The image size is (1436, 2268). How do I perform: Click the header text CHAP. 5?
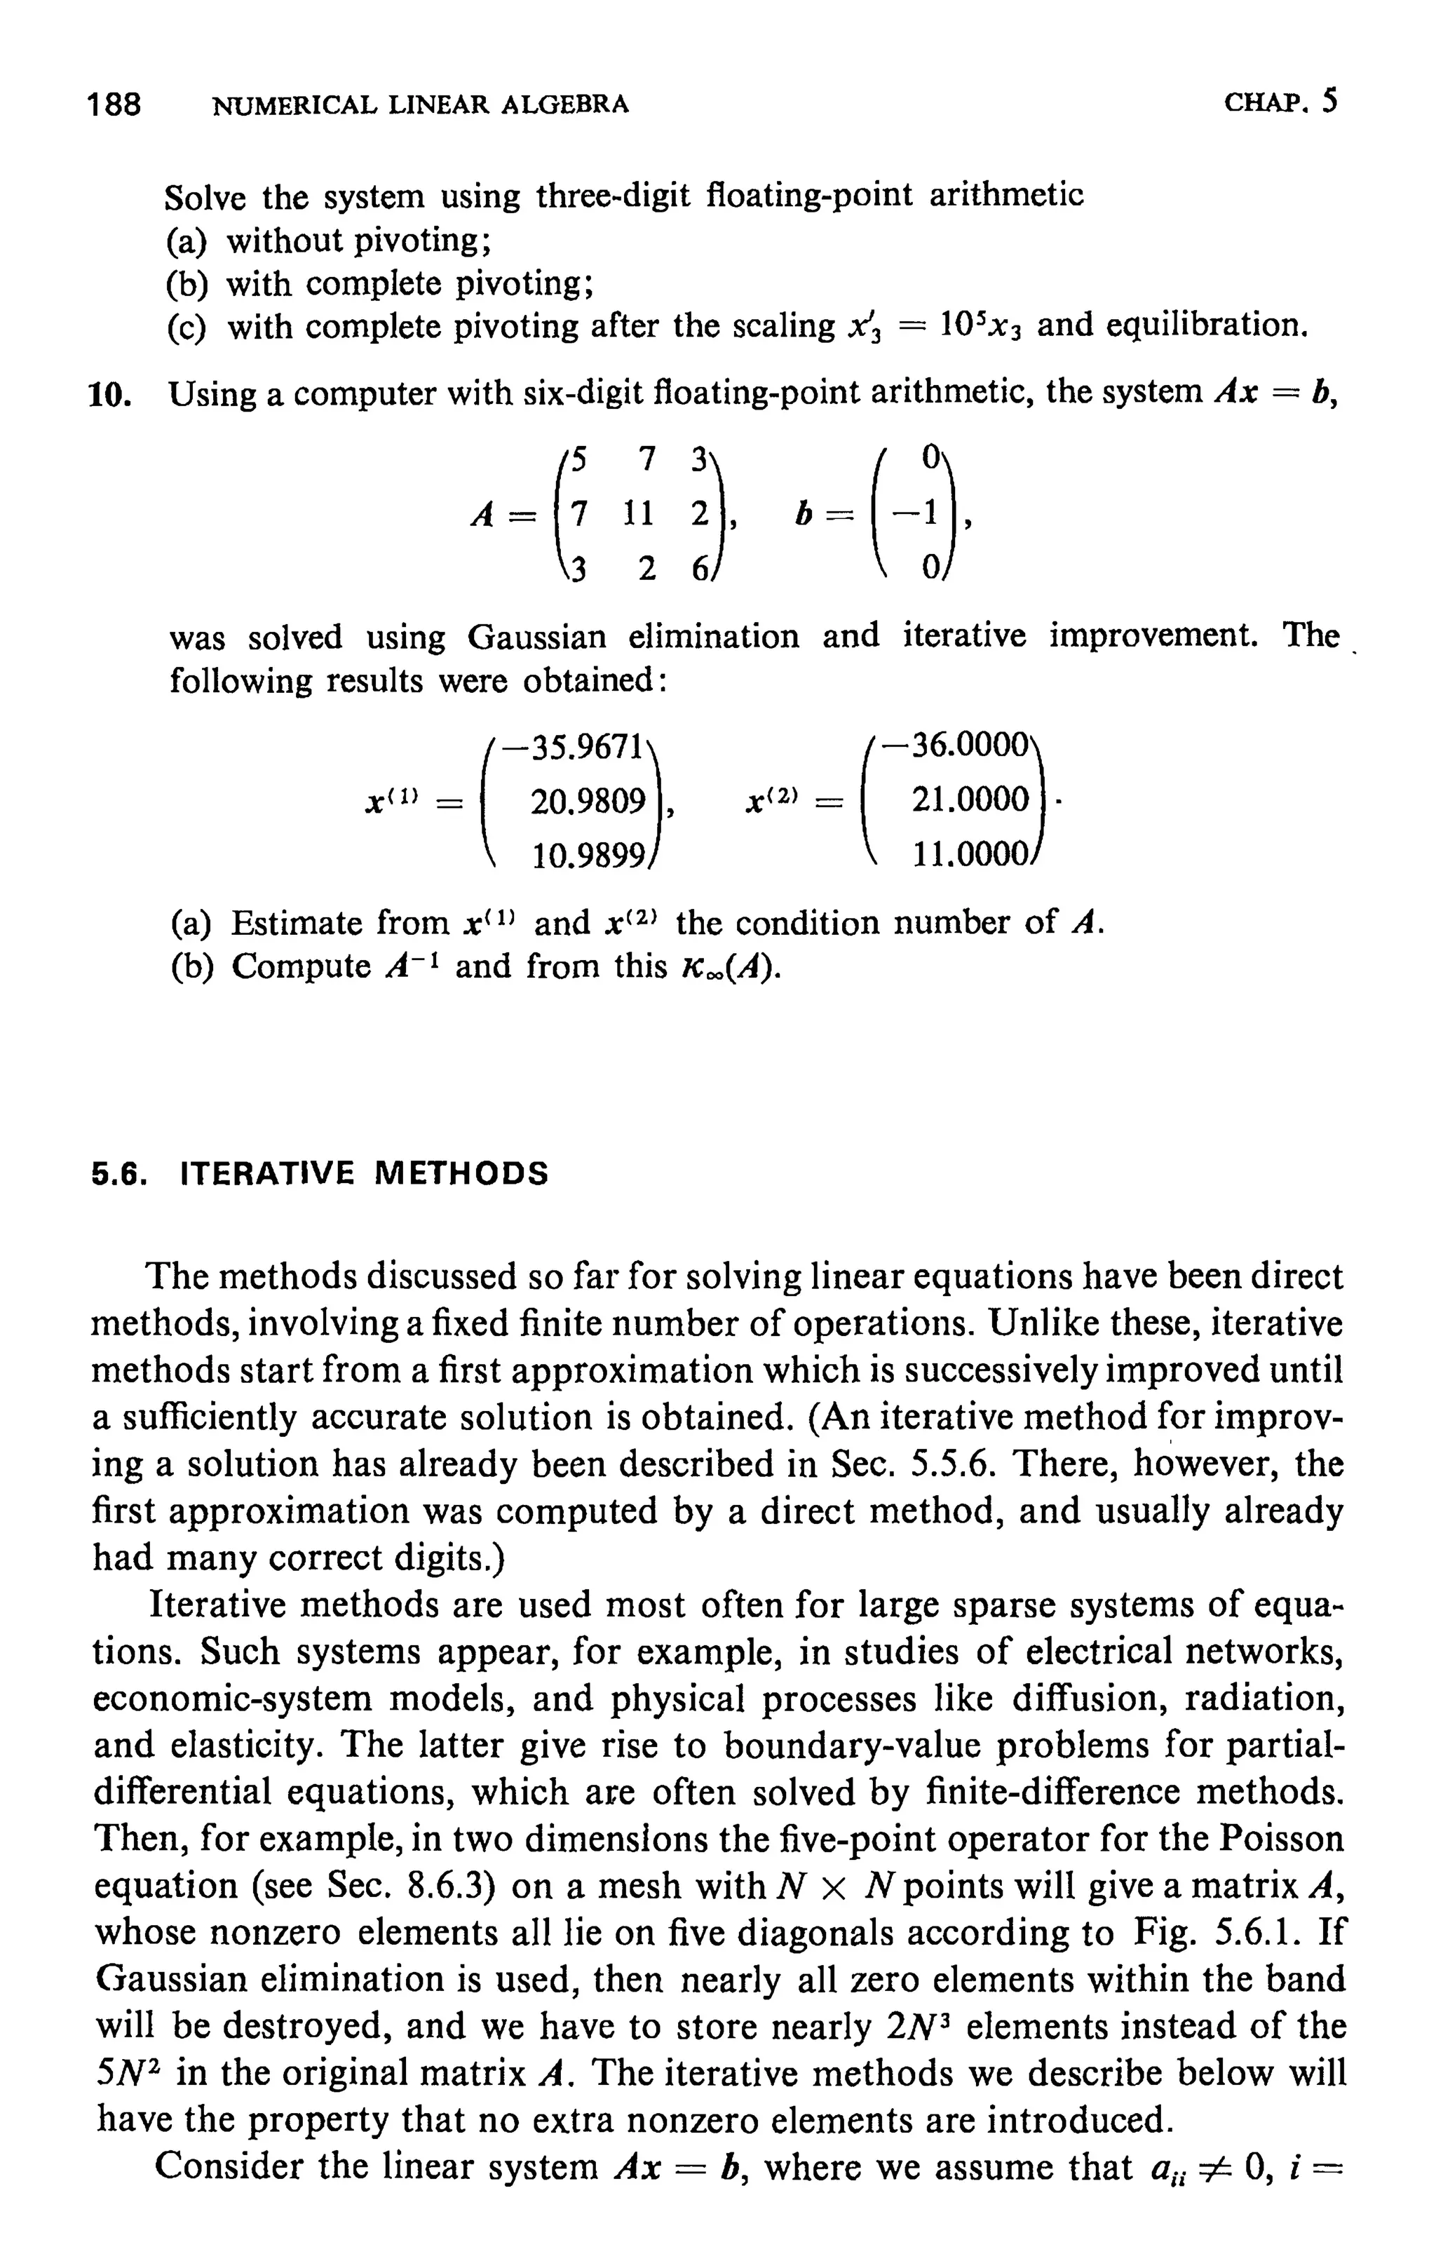point(1280,101)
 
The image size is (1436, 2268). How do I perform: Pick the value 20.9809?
point(588,802)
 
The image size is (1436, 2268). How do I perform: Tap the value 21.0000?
point(969,801)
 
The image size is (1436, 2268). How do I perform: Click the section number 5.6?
point(121,1173)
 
